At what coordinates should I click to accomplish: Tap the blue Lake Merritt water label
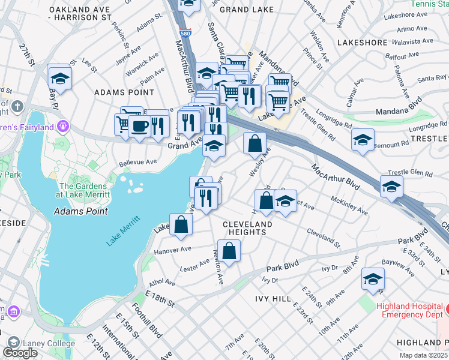coord(123,230)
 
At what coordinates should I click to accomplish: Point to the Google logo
coord(20,353)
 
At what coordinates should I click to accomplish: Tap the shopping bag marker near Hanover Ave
coord(181,225)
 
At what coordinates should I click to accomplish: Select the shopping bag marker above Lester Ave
coord(229,251)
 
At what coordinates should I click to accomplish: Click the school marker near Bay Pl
coord(59,78)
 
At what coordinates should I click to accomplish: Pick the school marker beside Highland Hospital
coord(373,280)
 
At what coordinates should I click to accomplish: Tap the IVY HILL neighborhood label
coord(273,298)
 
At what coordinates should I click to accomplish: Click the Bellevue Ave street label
coord(137,162)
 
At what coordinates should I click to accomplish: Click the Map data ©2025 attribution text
coord(423,355)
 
